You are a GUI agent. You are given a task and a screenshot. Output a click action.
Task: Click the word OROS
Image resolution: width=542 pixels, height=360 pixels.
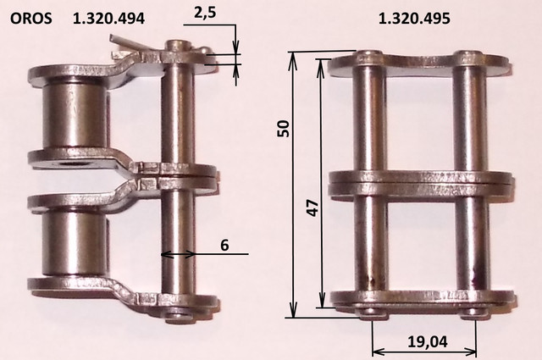[31, 19]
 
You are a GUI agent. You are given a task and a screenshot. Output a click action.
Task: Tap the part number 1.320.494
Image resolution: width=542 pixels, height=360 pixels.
[108, 19]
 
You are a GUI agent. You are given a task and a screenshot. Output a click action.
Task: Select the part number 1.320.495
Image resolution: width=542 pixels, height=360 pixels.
[414, 19]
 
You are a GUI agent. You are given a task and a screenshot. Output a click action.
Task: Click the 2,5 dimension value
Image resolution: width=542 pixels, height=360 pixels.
[205, 13]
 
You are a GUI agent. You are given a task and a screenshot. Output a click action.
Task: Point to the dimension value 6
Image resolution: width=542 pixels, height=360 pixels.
[224, 245]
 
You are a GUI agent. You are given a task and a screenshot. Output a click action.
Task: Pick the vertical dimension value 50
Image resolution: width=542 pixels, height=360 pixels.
[284, 129]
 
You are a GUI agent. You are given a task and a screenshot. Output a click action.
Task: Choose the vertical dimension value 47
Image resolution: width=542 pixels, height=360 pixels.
[313, 208]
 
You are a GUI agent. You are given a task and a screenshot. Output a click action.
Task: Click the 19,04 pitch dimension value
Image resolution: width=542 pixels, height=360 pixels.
[428, 341]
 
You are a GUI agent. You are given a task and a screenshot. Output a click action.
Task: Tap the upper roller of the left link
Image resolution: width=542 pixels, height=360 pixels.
[75, 114]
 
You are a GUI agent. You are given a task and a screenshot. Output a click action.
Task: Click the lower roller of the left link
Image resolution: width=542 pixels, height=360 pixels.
[75, 243]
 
